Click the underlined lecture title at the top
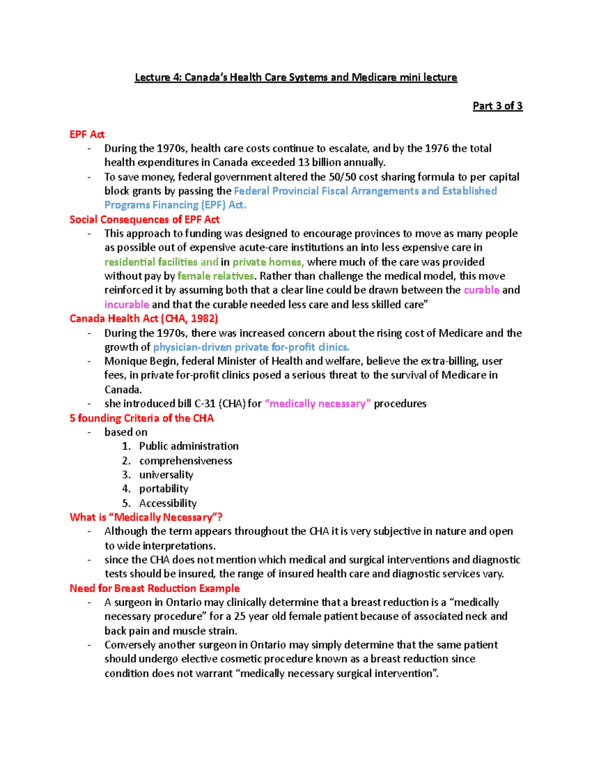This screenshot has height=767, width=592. click(x=296, y=78)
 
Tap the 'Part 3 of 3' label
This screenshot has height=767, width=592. click(x=497, y=106)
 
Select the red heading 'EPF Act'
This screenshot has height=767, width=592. click(x=87, y=134)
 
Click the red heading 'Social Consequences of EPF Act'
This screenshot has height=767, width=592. click(x=144, y=219)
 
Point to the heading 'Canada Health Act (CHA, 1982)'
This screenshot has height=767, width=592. click(x=144, y=319)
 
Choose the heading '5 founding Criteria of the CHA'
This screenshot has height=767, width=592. click(x=142, y=418)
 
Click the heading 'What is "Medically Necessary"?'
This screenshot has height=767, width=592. click(x=146, y=517)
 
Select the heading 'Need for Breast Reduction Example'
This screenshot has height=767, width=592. click(x=154, y=588)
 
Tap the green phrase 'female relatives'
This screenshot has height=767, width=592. click(x=216, y=276)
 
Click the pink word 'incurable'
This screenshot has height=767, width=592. click(x=127, y=304)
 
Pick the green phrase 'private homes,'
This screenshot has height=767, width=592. click(x=268, y=262)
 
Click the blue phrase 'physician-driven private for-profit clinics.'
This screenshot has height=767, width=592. click(x=251, y=347)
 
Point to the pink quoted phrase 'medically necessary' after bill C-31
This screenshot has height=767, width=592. click(x=318, y=404)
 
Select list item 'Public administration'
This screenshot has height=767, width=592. click(x=188, y=446)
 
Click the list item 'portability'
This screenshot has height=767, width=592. click(x=163, y=488)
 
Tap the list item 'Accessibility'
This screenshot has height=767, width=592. click(x=168, y=503)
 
